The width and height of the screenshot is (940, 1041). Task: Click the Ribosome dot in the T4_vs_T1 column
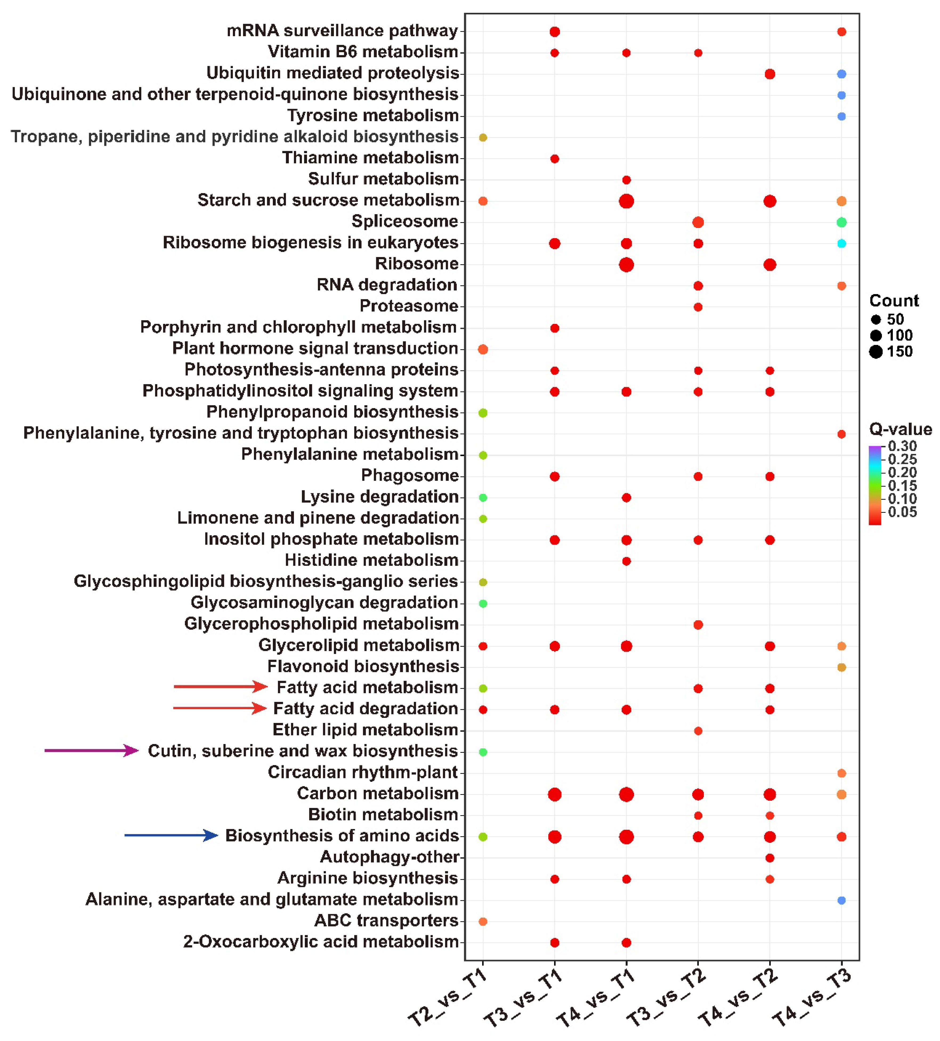pyautogui.click(x=626, y=265)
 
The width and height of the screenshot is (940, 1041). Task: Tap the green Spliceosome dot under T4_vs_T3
pyautogui.click(x=841, y=222)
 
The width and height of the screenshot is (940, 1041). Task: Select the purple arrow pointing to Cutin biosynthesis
pyautogui.click(x=91, y=750)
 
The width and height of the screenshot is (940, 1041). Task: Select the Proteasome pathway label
pyautogui.click(x=409, y=306)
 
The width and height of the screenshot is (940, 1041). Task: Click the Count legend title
pyautogui.click(x=894, y=300)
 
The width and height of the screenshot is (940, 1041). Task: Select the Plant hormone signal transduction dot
pyautogui.click(x=483, y=349)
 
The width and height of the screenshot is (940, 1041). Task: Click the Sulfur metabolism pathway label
pyautogui.click(x=383, y=179)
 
